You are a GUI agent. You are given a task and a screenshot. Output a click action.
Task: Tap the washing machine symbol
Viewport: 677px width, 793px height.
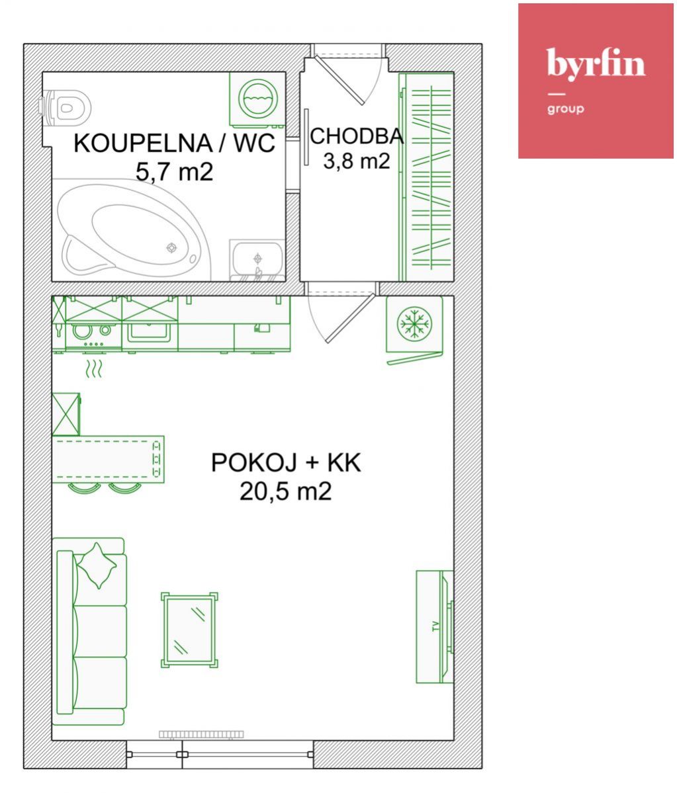coord(257,99)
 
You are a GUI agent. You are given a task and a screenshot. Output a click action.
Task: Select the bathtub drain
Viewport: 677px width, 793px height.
coord(172,248)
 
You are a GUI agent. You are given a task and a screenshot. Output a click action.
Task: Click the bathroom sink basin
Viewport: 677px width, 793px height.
coord(257,259)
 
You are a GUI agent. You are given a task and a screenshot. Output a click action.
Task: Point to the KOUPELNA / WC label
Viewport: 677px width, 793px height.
coord(175,143)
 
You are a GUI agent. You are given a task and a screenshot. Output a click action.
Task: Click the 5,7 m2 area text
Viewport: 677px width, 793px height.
coord(174,172)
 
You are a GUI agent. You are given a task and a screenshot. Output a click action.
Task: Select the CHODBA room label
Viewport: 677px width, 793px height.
coord(357,136)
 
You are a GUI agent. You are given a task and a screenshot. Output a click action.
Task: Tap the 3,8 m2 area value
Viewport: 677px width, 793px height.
coord(357,161)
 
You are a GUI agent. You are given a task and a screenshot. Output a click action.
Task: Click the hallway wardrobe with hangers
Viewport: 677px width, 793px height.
coord(426,177)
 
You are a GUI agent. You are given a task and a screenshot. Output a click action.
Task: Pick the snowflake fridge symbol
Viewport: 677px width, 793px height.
coord(414,323)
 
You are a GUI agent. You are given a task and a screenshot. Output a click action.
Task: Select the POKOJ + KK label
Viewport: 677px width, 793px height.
coord(286,463)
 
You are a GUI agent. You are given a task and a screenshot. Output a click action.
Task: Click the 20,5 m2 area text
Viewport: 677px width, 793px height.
coord(286,491)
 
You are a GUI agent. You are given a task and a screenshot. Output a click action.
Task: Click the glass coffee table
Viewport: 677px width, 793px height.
coord(190,630)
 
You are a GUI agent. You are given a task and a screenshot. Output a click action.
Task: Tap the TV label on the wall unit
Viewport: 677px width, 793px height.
coord(435,626)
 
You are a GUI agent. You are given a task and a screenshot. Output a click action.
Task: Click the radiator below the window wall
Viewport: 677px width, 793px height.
coord(201,734)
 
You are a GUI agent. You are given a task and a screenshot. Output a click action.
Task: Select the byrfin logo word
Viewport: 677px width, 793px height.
coord(596,63)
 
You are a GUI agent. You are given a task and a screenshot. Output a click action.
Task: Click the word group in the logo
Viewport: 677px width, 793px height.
coord(565,108)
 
